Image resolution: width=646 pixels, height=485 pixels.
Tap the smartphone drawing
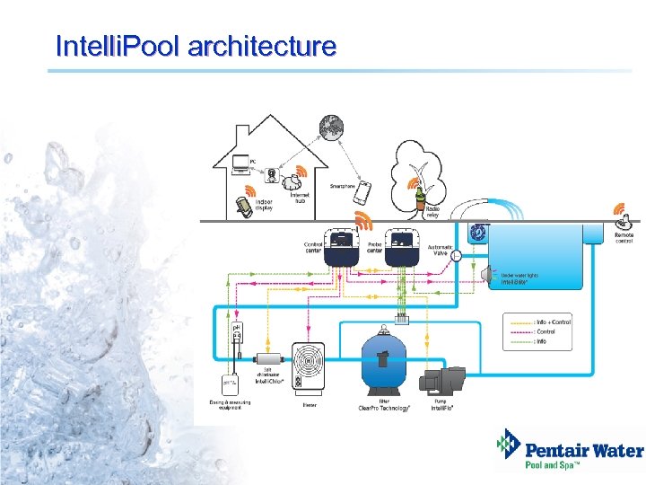[x=362, y=193]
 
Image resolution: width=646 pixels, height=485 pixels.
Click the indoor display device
[x=242, y=207]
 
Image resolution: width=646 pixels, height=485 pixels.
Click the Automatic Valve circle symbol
[x=455, y=256]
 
